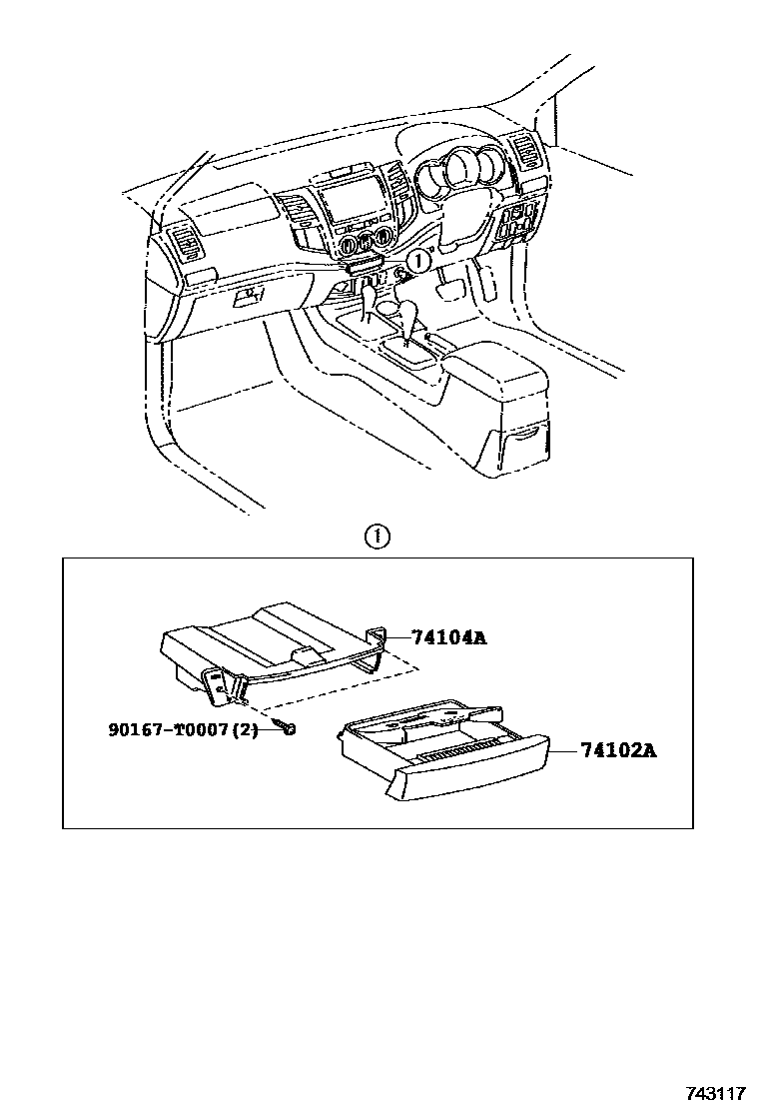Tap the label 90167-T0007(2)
point(183,729)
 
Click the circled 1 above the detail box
point(376,537)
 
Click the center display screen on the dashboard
point(351,200)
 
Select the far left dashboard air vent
point(186,244)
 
